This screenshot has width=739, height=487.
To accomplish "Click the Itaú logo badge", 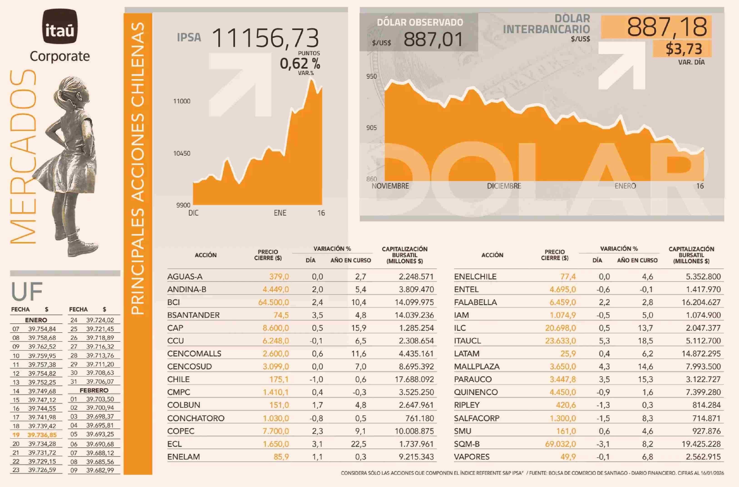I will pos(60,26).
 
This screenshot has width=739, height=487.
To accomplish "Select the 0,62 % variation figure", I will pos(300,64).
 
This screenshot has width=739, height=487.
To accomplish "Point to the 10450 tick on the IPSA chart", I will pos(182,153).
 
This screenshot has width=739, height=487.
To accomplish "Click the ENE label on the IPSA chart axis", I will pos(280,213).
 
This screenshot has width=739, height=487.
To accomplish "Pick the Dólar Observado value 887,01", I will pos(433,40).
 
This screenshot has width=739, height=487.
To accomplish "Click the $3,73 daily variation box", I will pos(683,49).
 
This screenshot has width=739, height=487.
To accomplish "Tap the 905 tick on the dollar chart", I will pos(371,128).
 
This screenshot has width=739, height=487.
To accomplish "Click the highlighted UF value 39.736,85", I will pos(42,435).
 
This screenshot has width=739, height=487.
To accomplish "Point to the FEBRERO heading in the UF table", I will pos(94,390).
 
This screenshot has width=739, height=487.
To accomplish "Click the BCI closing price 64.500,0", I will pos(273,302).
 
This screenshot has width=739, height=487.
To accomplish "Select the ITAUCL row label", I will pos(467,341).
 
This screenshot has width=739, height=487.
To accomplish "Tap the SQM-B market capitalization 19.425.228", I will pos(701,444).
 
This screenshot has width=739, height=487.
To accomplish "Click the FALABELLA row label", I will pos(475,302).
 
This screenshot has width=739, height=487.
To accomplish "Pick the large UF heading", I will pos(27,291).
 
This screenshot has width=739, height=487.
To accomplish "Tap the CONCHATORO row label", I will pos(196,418).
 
